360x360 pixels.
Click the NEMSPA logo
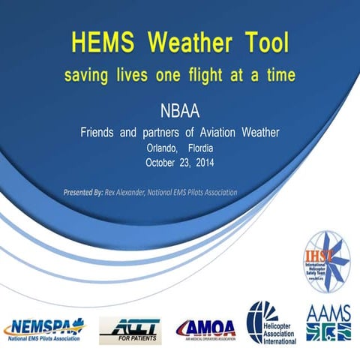click(x=44, y=328)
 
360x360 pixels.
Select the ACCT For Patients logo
click(x=129, y=328)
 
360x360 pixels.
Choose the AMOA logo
click(x=205, y=328)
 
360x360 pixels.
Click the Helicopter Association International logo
click(x=271, y=322)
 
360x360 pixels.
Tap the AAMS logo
click(x=328, y=321)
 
